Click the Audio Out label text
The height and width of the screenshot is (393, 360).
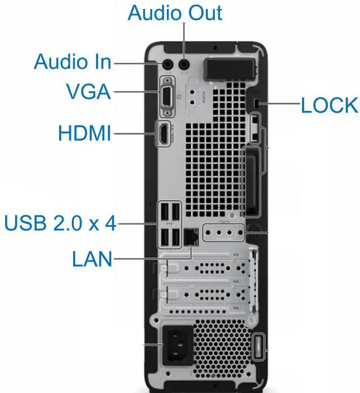click(x=175, y=12)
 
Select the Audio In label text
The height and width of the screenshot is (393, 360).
click(x=73, y=62)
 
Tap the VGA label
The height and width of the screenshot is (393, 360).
click(x=88, y=92)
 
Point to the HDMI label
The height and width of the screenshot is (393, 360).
click(x=85, y=134)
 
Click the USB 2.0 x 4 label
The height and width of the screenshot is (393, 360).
click(x=60, y=223)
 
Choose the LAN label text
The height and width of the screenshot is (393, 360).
click(x=92, y=259)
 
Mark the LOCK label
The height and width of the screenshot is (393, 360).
click(x=329, y=105)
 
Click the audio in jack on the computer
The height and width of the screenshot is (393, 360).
click(x=167, y=65)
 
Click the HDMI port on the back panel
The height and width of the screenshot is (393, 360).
click(x=164, y=135)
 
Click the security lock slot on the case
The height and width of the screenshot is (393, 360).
click(x=256, y=105)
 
